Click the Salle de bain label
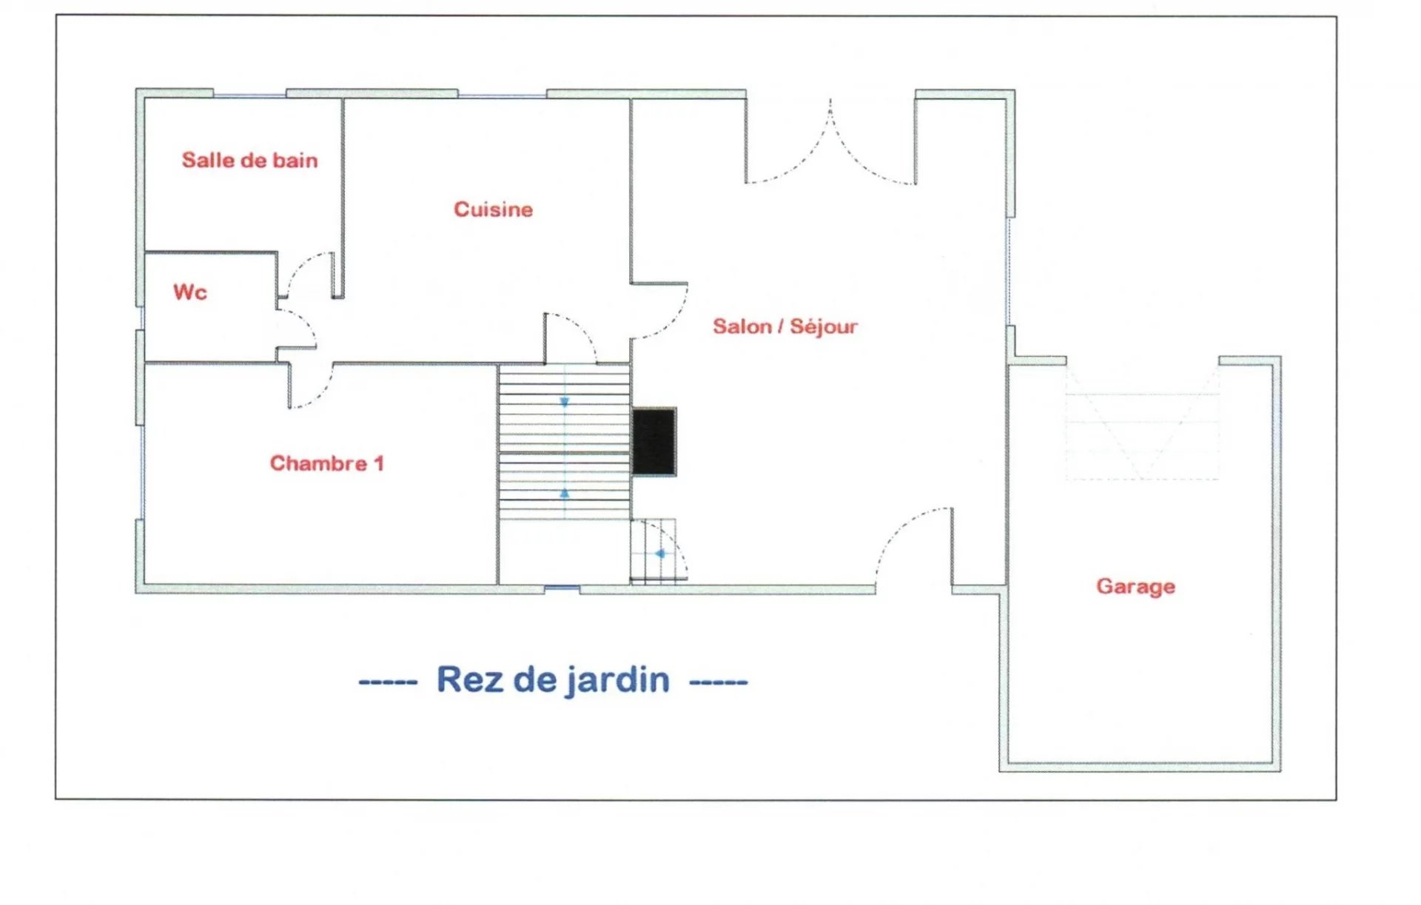coord(249,160)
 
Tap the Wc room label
coord(190,292)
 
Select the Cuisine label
coord(493,209)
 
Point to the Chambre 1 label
coord(326,463)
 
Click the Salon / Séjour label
coord(785,326)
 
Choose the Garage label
coord(1135,586)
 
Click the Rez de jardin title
coord(553,679)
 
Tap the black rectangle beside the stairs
coord(654,441)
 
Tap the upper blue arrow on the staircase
coord(565,402)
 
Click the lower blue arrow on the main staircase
coord(565,493)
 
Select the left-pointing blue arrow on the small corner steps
coord(659,554)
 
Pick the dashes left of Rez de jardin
coord(388,682)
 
